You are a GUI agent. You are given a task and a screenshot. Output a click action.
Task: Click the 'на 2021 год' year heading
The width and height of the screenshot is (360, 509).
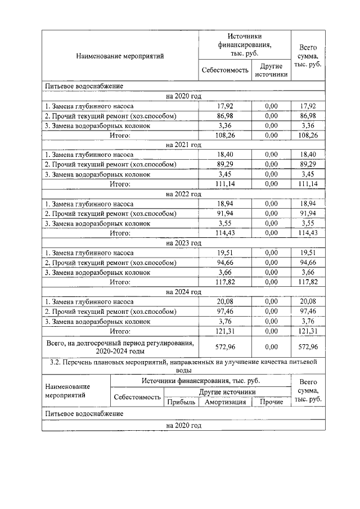tap(183, 145)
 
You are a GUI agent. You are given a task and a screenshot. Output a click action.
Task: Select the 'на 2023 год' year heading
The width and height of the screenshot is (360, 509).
tap(183, 244)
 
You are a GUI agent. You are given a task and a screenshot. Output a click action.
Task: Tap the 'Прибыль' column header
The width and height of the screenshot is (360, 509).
tap(181, 402)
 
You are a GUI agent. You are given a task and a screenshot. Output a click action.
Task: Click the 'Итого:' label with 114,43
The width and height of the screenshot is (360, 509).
tap(120, 233)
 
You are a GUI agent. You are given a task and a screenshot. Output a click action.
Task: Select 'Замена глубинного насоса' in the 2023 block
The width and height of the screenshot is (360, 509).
tap(89, 253)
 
